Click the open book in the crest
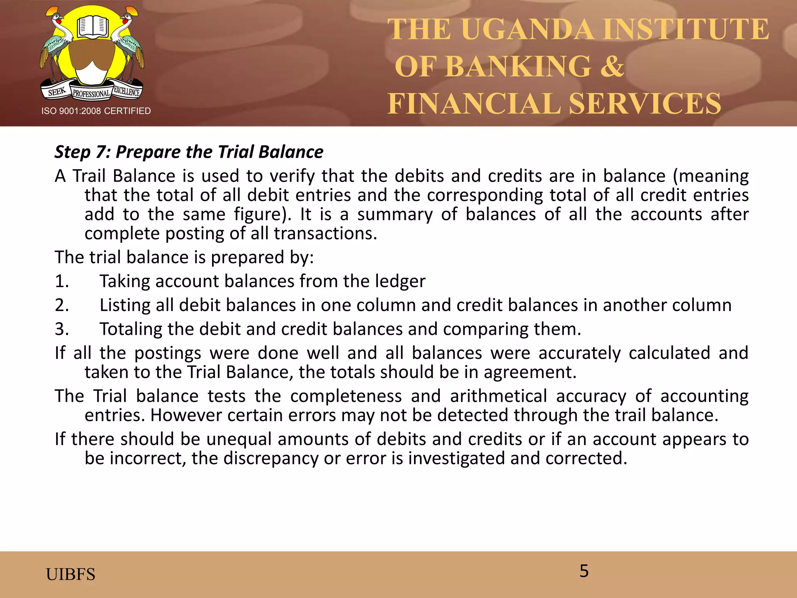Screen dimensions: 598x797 click(x=92, y=27)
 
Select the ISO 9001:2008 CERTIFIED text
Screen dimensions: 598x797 click(x=96, y=111)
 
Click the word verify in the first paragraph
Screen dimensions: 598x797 click(x=292, y=176)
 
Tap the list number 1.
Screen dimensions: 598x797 click(x=61, y=281)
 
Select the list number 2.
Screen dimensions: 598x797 click(x=61, y=305)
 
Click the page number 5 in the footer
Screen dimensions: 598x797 click(x=584, y=571)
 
